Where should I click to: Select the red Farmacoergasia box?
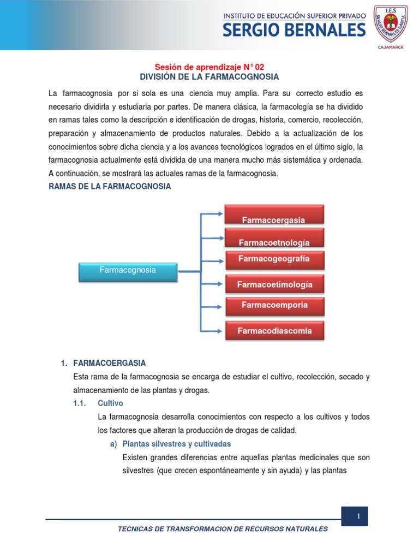point(274,215)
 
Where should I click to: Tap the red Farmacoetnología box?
point(274,238)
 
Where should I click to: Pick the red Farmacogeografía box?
point(274,260)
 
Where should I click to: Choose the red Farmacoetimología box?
point(274,284)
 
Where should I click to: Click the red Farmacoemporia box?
point(274,306)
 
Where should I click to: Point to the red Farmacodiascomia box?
point(274,330)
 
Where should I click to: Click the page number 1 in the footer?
point(358,516)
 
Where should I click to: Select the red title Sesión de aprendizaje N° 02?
point(210,67)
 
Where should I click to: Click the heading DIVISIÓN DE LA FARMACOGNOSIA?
point(210,76)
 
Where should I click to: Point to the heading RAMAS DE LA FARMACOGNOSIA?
point(110,186)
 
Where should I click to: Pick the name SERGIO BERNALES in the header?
point(294,31)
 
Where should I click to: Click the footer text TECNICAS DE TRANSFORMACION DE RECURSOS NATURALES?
point(223,528)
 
